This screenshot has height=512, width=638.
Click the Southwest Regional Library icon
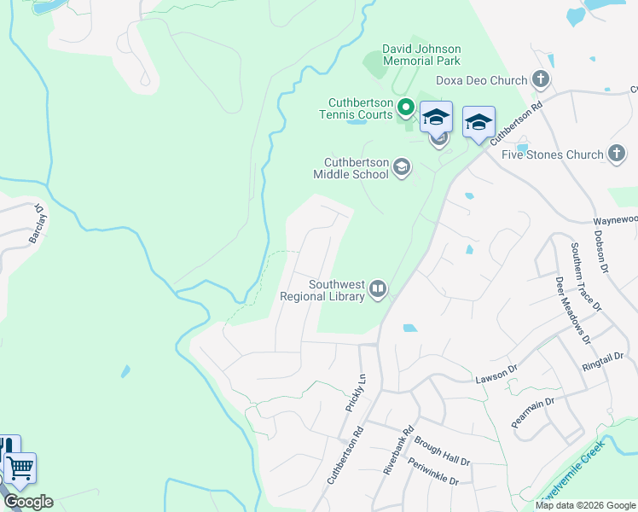378,291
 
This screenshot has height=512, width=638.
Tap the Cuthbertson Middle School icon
401,168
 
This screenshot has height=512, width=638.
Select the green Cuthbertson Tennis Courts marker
406,108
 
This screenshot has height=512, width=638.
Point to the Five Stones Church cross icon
618,154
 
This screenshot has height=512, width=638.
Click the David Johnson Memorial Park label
421,55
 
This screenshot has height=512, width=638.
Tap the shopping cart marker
20,468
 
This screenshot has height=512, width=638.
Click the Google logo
27,502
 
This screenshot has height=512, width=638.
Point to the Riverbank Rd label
397,450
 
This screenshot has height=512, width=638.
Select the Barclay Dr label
38,224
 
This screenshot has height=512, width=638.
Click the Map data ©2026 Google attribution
585,505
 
